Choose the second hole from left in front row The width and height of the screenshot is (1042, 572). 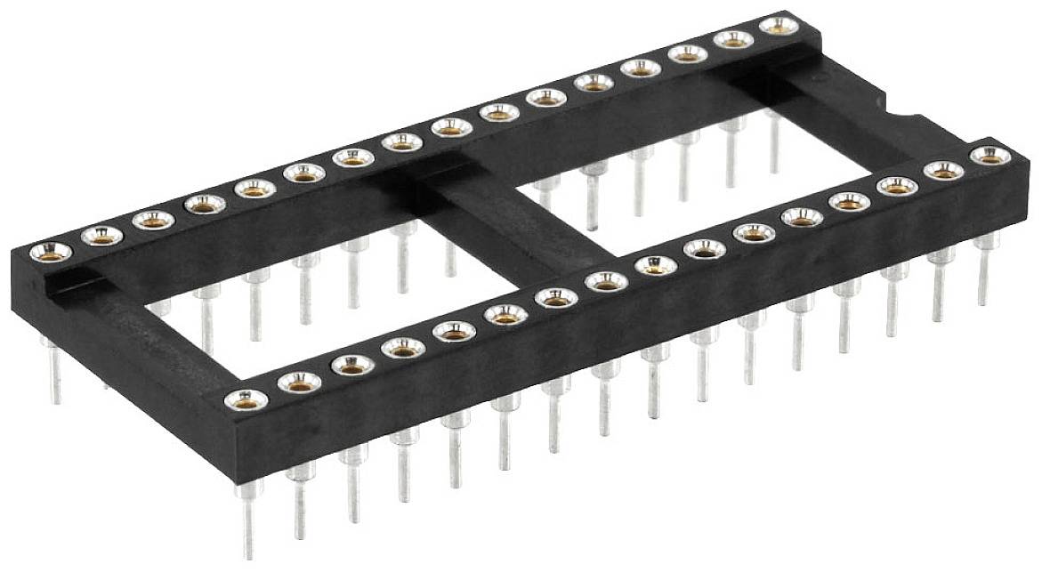click(299, 382)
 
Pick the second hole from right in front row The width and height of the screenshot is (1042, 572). click(943, 171)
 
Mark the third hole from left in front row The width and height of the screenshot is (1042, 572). click(353, 365)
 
